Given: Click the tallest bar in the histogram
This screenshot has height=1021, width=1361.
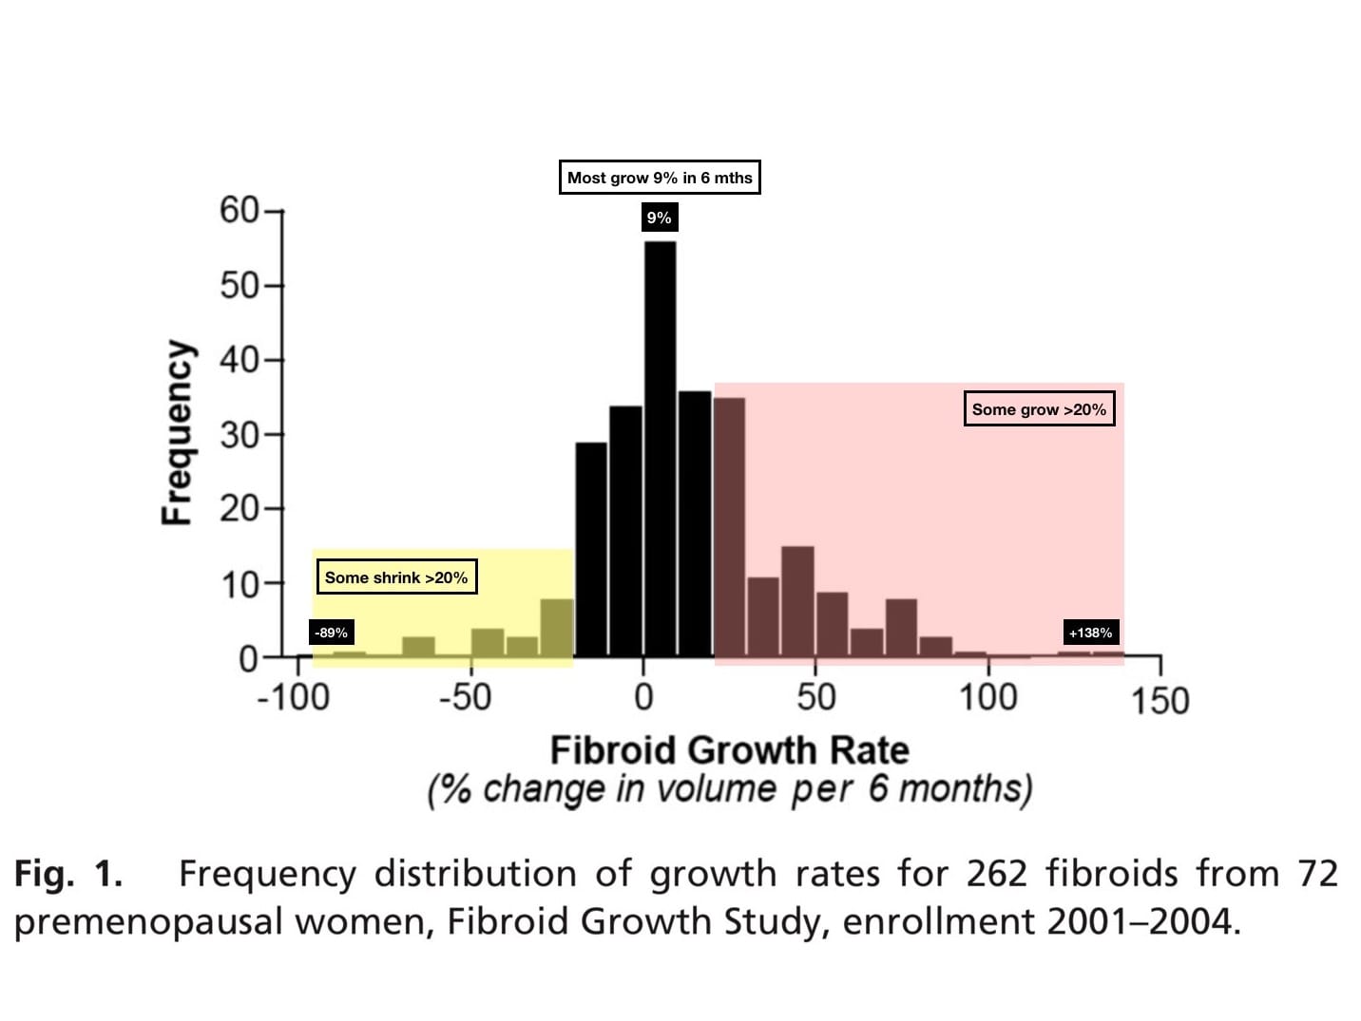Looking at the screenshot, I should tap(660, 448).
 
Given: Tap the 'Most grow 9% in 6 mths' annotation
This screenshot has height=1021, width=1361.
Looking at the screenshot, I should tap(660, 178).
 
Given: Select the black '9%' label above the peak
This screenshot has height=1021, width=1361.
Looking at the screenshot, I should tap(659, 217).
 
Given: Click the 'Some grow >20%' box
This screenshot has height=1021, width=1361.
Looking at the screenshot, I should tap(1039, 409).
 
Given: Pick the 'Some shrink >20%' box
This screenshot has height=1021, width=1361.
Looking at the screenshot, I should tap(396, 577).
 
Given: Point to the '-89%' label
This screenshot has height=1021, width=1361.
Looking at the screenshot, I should tap(332, 633).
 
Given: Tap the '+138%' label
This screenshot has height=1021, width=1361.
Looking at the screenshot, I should tap(1090, 633).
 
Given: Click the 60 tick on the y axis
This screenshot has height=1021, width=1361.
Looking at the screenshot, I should tap(240, 210).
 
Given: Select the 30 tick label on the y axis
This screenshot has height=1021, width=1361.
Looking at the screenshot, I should tap(240, 435).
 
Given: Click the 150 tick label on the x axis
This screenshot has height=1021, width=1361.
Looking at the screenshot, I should tap(1160, 701).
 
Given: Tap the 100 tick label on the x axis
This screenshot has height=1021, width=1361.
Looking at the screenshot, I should tap(987, 698).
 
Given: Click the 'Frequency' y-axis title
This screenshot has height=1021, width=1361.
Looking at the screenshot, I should tap(178, 432).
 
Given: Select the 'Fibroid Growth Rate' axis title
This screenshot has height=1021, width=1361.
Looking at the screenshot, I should tap(729, 750).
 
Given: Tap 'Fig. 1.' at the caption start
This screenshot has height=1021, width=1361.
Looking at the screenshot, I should tap(68, 873).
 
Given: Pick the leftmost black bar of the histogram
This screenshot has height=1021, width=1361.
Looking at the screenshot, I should tap(591, 549).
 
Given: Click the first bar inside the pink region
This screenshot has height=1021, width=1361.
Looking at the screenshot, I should tap(729, 527).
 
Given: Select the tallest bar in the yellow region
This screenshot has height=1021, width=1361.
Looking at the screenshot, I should tap(557, 628).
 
